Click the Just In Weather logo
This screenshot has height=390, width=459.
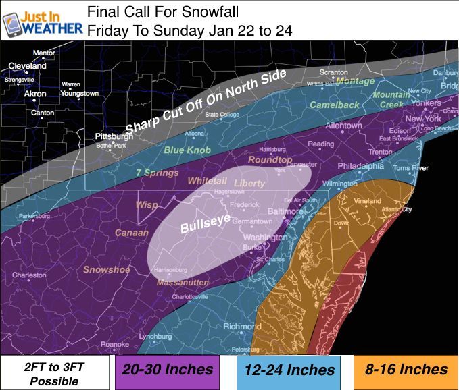(42, 20)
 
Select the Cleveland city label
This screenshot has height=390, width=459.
(27, 66)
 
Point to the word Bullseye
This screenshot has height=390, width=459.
(205, 223)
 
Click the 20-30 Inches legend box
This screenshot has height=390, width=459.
(167, 370)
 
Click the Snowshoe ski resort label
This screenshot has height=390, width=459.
(107, 269)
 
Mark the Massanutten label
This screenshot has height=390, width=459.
(183, 282)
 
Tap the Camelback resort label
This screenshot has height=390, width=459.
(335, 105)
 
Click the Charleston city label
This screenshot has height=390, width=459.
(29, 275)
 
